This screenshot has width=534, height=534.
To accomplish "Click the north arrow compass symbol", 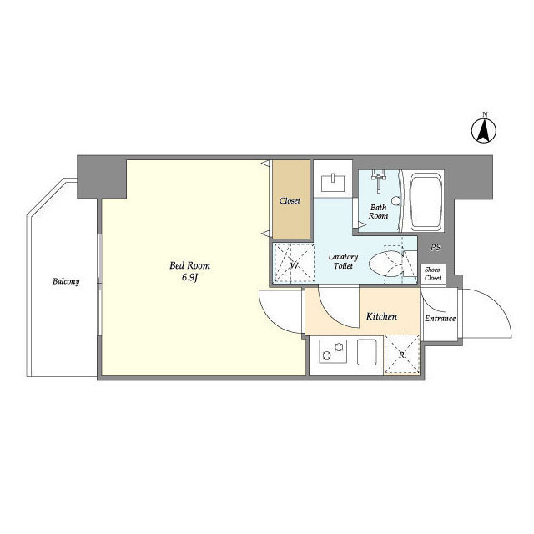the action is [484, 130].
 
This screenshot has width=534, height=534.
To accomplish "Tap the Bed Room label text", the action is [189, 265].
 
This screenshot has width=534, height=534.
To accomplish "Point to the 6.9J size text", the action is [189, 278].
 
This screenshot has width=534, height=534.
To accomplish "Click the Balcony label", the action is [66, 282].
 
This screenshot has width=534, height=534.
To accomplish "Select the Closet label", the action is [290, 201].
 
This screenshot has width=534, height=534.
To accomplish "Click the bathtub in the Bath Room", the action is [426, 202].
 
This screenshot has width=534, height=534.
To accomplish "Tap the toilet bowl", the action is [385, 264].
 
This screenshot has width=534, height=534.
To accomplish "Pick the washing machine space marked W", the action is [294, 263].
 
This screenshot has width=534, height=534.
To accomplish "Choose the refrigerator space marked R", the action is [402, 354].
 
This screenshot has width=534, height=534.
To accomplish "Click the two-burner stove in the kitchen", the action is [333, 351].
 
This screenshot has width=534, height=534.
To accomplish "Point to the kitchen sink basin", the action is [367, 352].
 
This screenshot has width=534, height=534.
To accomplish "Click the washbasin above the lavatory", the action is [334, 183].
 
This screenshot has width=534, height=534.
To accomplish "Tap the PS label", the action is [435, 248].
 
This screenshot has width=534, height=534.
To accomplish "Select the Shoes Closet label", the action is [432, 274].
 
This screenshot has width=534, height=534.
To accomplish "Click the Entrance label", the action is [440, 319].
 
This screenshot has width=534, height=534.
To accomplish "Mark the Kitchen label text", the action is [381, 317].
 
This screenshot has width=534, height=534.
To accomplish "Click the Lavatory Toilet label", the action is [343, 261].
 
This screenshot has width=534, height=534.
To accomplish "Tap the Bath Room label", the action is [378, 211].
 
